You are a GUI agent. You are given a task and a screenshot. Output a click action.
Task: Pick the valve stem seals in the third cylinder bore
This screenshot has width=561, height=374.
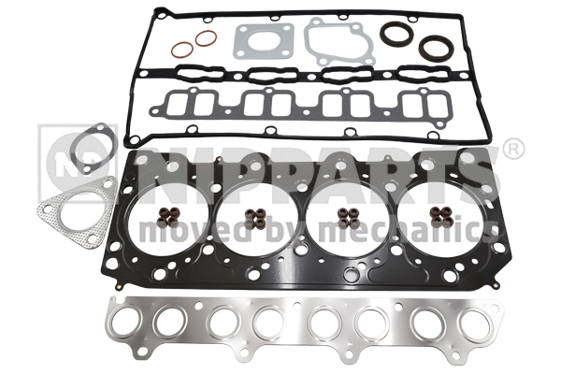(347, 220)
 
